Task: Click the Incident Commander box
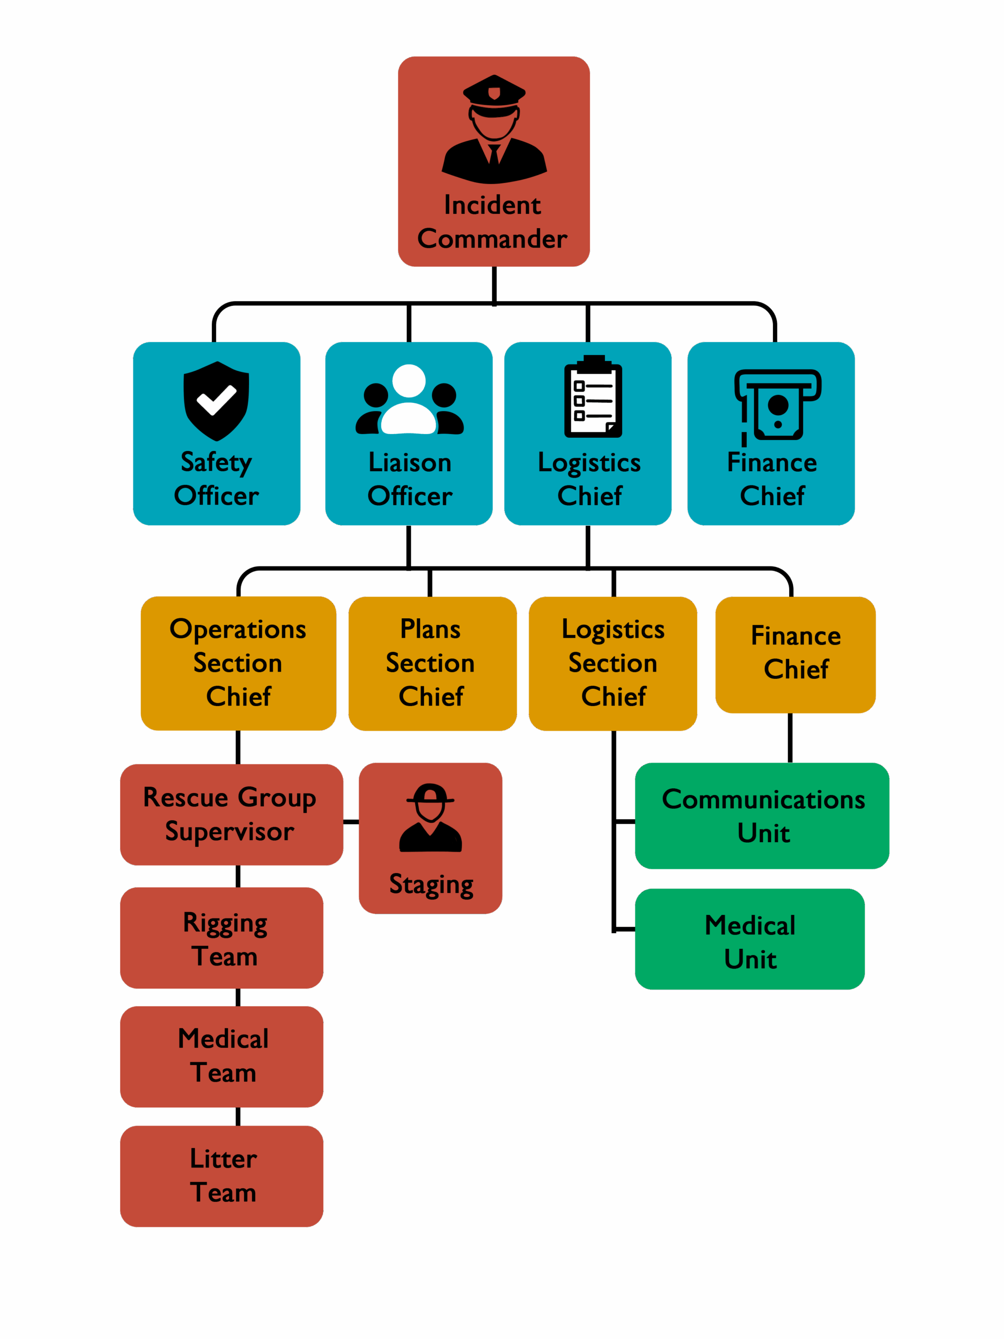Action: click(x=493, y=161)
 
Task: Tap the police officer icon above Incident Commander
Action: click(x=494, y=129)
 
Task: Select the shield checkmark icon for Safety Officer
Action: click(x=216, y=401)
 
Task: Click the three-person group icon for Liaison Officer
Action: click(x=409, y=400)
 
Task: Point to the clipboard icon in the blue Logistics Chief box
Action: click(x=592, y=396)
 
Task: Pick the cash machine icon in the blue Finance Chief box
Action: click(x=777, y=404)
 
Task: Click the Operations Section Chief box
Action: click(x=238, y=663)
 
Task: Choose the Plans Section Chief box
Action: click(x=431, y=663)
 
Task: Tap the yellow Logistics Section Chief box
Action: click(x=612, y=663)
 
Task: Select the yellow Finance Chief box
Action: click(x=795, y=654)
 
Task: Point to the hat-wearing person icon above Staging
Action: click(x=430, y=817)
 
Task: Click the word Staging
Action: click(x=431, y=884)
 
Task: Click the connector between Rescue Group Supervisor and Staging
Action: click(x=351, y=821)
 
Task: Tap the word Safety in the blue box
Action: click(x=216, y=463)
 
